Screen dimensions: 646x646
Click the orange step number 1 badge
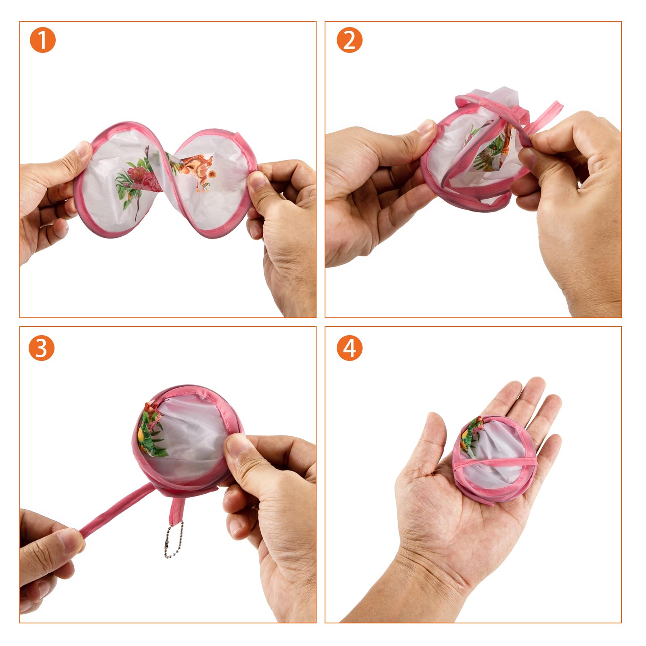tap(42, 40)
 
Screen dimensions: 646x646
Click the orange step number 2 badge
tap(349, 40)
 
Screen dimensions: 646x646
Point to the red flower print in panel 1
tap(141, 178)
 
